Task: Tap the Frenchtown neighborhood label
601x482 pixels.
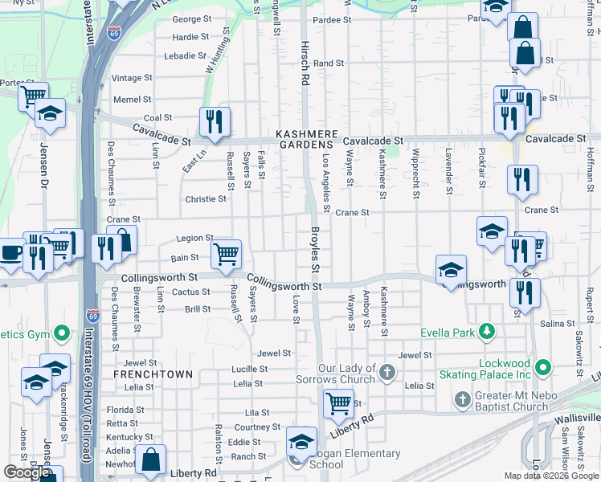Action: click(x=153, y=374)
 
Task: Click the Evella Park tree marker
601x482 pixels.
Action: click(x=486, y=331)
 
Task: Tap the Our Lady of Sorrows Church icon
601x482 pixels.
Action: click(x=387, y=372)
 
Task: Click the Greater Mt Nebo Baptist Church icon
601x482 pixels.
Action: click(x=462, y=399)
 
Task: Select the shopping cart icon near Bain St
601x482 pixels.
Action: click(x=227, y=254)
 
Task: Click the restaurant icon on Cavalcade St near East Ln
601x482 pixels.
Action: click(x=215, y=121)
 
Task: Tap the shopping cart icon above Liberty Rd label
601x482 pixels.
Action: click(x=339, y=403)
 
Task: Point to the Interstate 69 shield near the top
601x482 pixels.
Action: click(x=115, y=35)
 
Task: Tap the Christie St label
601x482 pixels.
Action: click(x=206, y=198)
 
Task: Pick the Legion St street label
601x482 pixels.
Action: click(x=194, y=239)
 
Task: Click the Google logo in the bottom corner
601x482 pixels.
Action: click(x=27, y=472)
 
